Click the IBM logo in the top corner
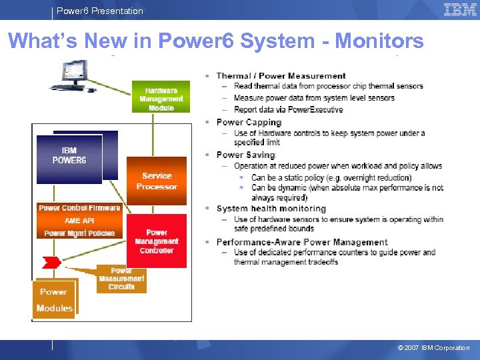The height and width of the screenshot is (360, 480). coord(459,9)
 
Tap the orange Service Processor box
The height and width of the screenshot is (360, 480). coord(157,181)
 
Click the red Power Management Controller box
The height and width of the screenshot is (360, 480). coord(157,241)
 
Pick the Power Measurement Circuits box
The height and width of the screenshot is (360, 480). coord(121,279)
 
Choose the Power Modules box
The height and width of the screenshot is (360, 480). coord(54,299)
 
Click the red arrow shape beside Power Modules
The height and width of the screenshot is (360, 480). coord(52,261)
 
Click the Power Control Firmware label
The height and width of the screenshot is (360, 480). coord(79,208)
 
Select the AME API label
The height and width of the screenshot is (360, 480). coord(79,221)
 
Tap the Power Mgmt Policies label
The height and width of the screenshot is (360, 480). coord(79,233)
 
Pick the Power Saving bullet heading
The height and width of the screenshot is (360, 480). coord(245,155)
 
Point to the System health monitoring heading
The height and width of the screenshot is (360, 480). coord(271,209)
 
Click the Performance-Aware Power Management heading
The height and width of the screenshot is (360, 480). coord(301,242)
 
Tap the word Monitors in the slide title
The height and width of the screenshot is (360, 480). coord(379,41)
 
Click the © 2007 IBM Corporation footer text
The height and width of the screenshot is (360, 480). coord(433,347)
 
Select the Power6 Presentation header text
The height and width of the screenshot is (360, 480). coord(100,11)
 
